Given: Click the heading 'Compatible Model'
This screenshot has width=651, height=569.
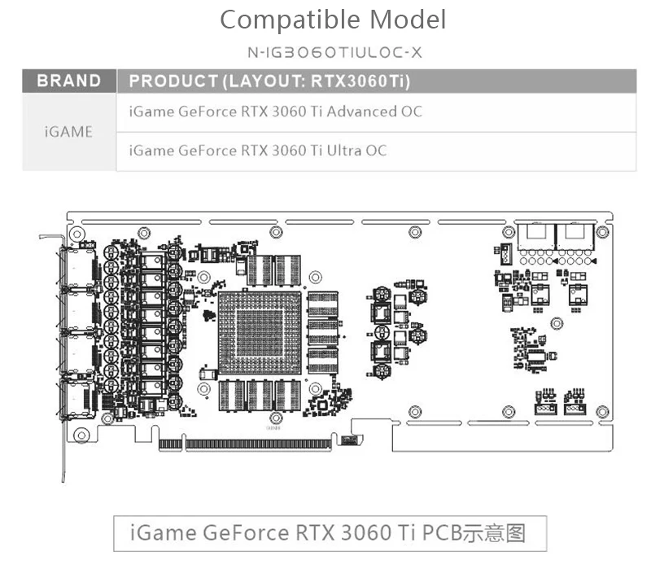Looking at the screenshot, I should pyautogui.click(x=333, y=20).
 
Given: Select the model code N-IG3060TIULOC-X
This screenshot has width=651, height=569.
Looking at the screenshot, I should pyautogui.click(x=334, y=53).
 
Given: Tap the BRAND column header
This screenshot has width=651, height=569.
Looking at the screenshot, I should pyautogui.click(x=69, y=81).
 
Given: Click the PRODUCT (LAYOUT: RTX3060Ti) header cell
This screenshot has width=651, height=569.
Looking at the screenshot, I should pyautogui.click(x=269, y=81).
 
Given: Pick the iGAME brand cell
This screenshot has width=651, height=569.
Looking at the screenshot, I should pyautogui.click(x=69, y=132).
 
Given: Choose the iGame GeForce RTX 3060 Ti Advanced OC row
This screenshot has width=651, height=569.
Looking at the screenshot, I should pyautogui.click(x=276, y=112).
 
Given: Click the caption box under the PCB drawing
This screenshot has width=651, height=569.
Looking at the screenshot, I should pyautogui.click(x=328, y=533).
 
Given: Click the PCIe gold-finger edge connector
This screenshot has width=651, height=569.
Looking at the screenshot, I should pyautogui.click(x=247, y=444).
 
